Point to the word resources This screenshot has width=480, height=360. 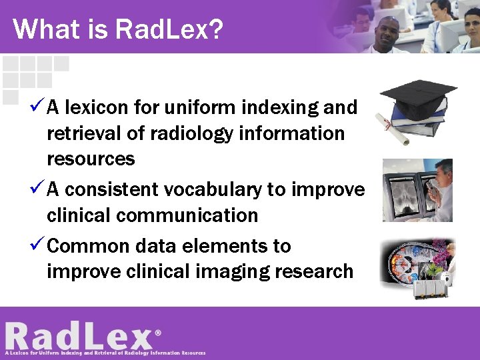click(91, 159)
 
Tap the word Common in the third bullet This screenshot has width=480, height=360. click(81, 246)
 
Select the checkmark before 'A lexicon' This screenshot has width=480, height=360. click(37, 106)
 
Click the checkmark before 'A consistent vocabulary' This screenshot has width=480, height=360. click(37, 189)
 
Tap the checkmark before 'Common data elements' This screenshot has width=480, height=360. click(37, 245)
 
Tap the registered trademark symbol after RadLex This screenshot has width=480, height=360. click(158, 331)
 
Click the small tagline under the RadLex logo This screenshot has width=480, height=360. click(105, 353)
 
